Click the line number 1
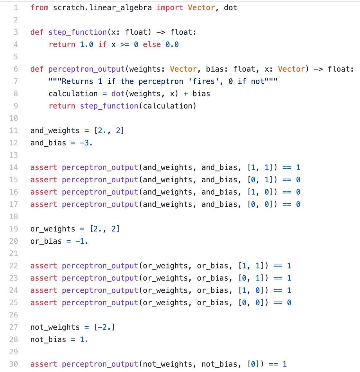point(15,7)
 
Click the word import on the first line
point(170,7)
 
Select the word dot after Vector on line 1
point(230,7)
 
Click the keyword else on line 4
point(151,45)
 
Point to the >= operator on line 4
point(125,45)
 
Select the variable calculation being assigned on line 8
point(73,94)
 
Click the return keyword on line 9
point(62,106)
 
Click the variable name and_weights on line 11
point(55,131)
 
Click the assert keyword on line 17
point(44,204)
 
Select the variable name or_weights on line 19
point(53,229)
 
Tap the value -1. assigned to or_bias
point(82,241)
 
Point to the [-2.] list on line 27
point(104,327)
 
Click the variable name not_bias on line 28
point(48,339)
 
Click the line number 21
point(14,254)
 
